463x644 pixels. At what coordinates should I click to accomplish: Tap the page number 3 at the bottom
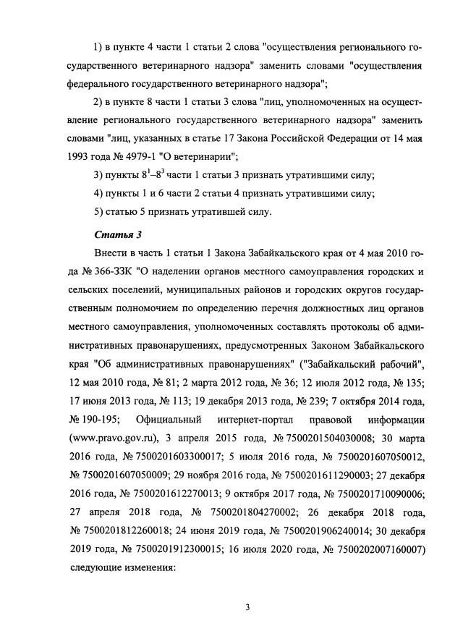pyautogui.click(x=247, y=606)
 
